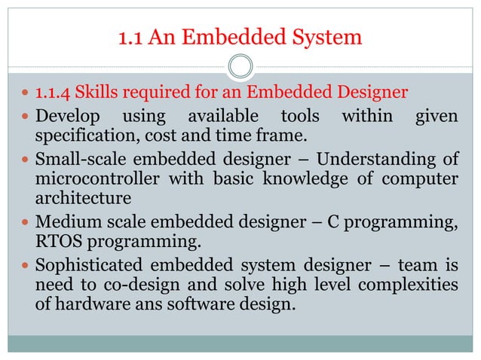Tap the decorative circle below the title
(240, 66)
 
